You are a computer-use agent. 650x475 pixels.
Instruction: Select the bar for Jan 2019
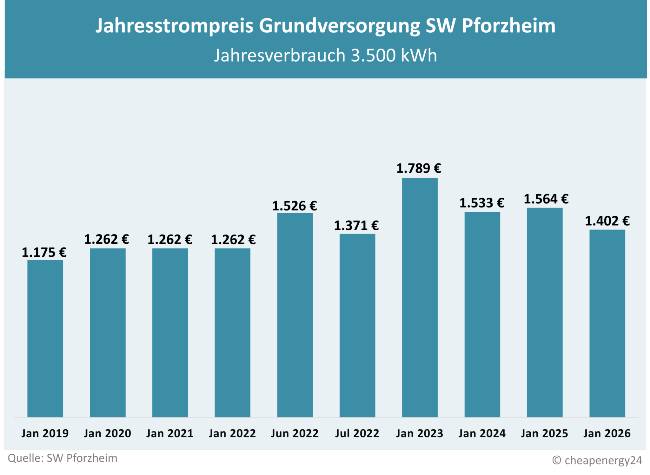point(45,338)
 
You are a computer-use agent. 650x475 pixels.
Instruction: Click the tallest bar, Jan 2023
point(420,297)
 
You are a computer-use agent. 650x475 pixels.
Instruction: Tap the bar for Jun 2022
point(295,315)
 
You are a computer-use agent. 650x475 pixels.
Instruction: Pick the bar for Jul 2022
point(357,325)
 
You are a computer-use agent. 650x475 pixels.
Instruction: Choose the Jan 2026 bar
point(607,323)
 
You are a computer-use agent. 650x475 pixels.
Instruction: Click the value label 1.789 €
point(419,168)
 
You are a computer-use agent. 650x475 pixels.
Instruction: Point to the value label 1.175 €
point(44,253)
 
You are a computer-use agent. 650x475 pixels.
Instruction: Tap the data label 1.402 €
point(607,221)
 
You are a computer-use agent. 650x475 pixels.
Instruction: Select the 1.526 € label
point(295,206)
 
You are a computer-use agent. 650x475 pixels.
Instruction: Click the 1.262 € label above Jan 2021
point(170,240)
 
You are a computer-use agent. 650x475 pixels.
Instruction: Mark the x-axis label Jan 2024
point(482,433)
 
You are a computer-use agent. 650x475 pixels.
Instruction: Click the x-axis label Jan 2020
point(107,433)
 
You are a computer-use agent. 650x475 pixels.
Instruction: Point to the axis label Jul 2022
point(357,433)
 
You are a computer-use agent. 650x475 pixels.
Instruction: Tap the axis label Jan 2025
point(544,433)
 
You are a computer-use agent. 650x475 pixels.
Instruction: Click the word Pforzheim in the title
point(508,25)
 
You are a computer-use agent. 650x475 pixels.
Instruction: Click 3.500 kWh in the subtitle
point(394,56)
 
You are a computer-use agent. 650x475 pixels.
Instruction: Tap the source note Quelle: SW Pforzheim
point(63,459)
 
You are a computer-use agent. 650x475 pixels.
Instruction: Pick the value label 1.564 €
point(546,199)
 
